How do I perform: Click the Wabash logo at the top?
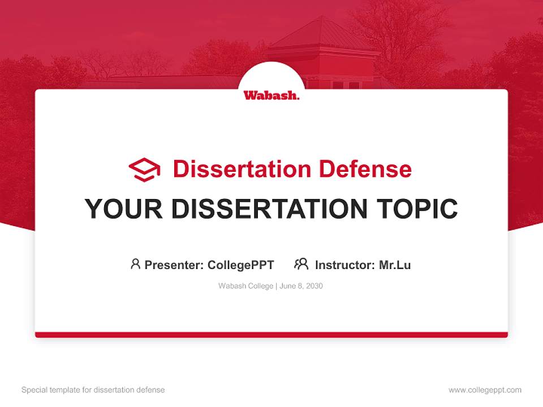tap(271, 95)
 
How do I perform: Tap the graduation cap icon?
tap(144, 170)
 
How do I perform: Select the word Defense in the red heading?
tap(365, 169)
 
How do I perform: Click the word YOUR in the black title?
tap(124, 209)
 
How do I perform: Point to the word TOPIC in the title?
tap(417, 209)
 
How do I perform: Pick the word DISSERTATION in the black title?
tap(269, 209)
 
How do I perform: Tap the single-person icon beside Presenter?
tap(135, 264)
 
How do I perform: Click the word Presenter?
tap(174, 265)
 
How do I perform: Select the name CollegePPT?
tap(241, 265)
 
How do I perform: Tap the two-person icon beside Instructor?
tap(301, 264)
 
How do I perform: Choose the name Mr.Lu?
tap(395, 265)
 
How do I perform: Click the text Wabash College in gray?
tap(246, 286)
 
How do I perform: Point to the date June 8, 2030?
tap(301, 286)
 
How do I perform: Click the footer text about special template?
tap(93, 390)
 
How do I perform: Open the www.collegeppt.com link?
tap(485, 390)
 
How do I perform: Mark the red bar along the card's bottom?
tap(271, 335)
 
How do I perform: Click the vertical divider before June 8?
tap(277, 286)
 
